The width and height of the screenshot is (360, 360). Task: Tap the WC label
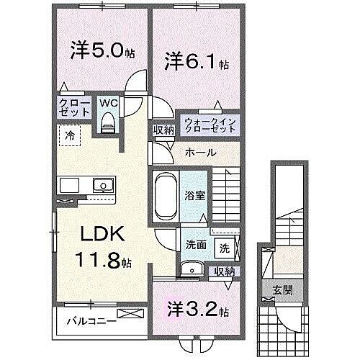tap(109, 102)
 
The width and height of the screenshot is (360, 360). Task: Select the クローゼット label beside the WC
tap(75, 108)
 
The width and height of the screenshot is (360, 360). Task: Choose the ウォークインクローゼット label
tap(210, 124)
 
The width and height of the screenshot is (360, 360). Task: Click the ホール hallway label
tap(199, 153)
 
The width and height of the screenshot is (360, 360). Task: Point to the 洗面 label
tap(195, 245)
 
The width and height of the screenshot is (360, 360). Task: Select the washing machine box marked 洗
tap(224, 248)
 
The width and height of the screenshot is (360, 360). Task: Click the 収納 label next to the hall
tap(163, 130)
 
